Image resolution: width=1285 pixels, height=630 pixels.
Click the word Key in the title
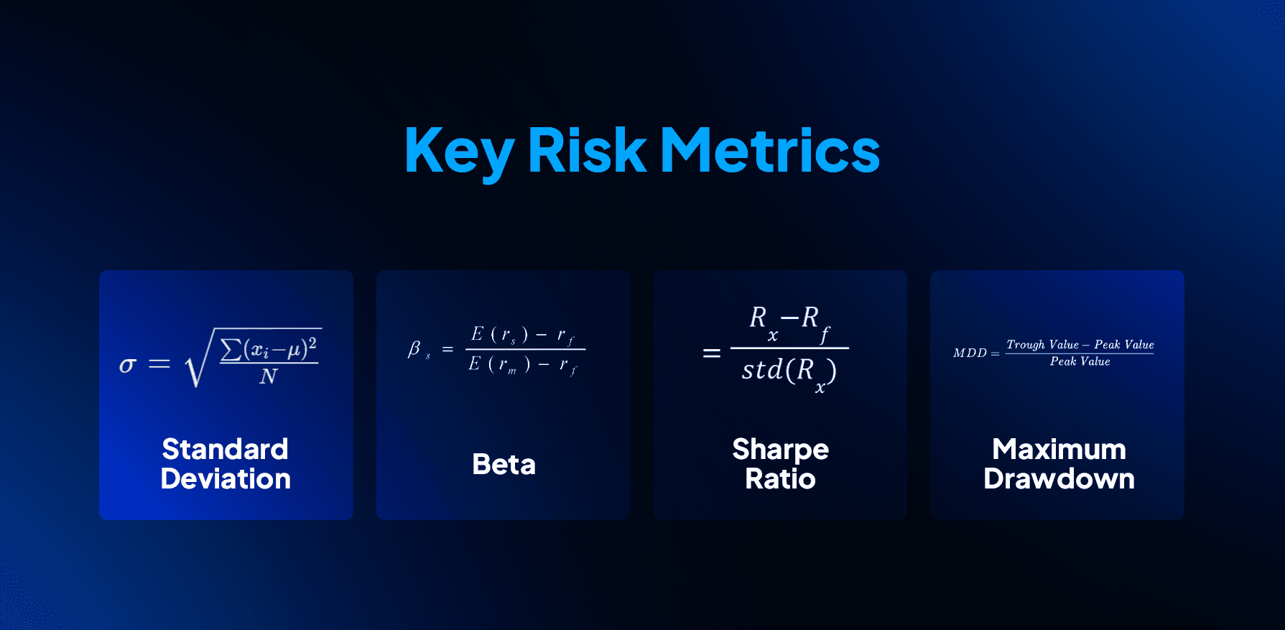click(x=459, y=151)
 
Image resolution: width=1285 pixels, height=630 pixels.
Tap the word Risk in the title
click(x=587, y=151)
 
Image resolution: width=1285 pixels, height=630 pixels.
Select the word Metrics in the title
click(x=769, y=151)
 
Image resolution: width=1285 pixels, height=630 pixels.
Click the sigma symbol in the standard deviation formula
click(x=127, y=365)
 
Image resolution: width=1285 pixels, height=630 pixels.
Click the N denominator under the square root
click(x=269, y=376)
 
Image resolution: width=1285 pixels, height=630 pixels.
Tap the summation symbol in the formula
click(x=231, y=349)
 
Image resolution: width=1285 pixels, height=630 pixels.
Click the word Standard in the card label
click(x=225, y=450)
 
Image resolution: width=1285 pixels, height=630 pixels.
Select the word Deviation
click(x=226, y=479)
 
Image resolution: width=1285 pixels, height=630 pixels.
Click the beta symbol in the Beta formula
click(x=414, y=349)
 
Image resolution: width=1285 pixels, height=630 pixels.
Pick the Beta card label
click(x=504, y=465)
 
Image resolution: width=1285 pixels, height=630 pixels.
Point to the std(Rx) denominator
click(x=788, y=371)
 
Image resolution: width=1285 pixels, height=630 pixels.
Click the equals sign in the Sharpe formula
click(x=711, y=353)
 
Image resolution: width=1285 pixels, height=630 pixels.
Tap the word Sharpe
click(x=780, y=450)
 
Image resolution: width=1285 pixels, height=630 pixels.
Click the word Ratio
click(x=780, y=479)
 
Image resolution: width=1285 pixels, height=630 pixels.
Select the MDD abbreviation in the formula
click(x=970, y=353)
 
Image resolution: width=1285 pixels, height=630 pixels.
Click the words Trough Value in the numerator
click(x=1042, y=345)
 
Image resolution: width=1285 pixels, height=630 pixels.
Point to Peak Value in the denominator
click(x=1080, y=361)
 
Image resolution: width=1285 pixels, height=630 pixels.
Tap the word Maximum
click(x=1059, y=450)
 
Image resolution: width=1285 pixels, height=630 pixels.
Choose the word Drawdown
click(x=1059, y=479)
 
